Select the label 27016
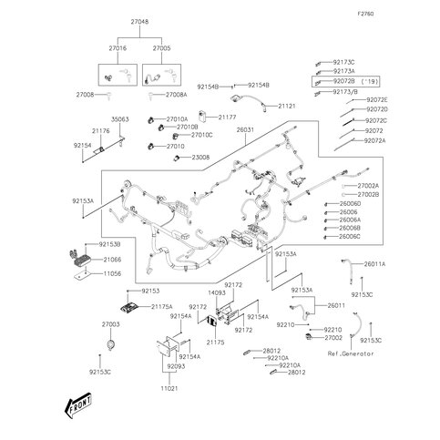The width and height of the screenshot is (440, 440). [119, 47]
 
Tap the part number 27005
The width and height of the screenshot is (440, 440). [162, 47]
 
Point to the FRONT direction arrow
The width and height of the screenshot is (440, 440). [80, 407]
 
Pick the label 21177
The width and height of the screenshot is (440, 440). [228, 117]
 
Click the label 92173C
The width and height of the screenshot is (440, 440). [344, 62]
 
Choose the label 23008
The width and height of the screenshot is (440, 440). [201, 157]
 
